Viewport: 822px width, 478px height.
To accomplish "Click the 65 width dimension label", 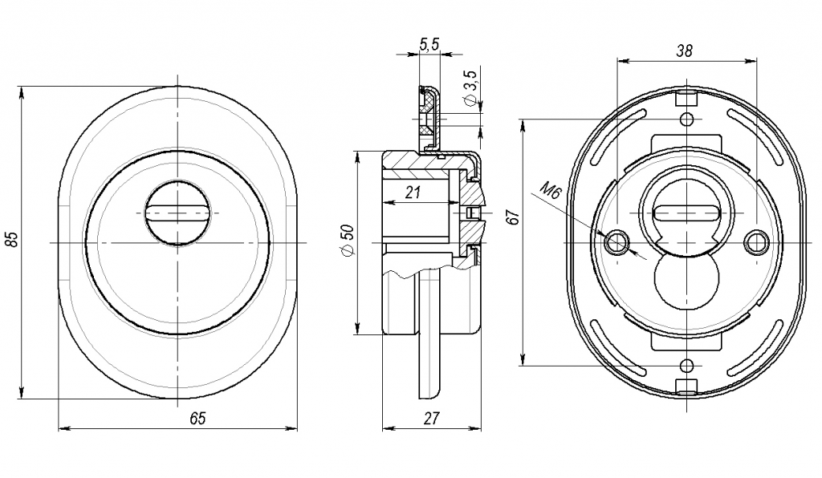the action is click(197, 419).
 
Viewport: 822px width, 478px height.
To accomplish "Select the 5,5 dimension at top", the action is click(429, 45).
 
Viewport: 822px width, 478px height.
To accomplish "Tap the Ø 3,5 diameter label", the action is click(470, 87).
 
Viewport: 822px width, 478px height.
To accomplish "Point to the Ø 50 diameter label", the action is click(348, 241).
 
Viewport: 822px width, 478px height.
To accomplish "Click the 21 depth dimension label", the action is click(413, 192).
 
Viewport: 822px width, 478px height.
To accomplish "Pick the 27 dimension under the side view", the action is click(431, 419).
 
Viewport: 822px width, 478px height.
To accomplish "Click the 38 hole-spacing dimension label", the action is click(685, 51).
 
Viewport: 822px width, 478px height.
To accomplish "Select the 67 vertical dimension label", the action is click(515, 217).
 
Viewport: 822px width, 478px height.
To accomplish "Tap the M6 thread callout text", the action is click(551, 190).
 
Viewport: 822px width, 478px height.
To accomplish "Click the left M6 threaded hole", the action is click(617, 242).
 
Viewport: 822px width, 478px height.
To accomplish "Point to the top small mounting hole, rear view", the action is click(687, 119).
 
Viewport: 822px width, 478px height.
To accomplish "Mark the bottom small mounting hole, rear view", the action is click(687, 366).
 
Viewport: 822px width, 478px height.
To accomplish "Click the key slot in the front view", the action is click(177, 213).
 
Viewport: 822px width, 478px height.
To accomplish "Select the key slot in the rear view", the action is click(687, 213).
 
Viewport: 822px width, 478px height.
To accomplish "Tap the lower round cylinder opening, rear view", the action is click(687, 279).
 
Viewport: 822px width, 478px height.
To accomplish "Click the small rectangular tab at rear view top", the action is click(687, 98).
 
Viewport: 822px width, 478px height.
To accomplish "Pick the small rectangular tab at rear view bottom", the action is click(687, 386).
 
